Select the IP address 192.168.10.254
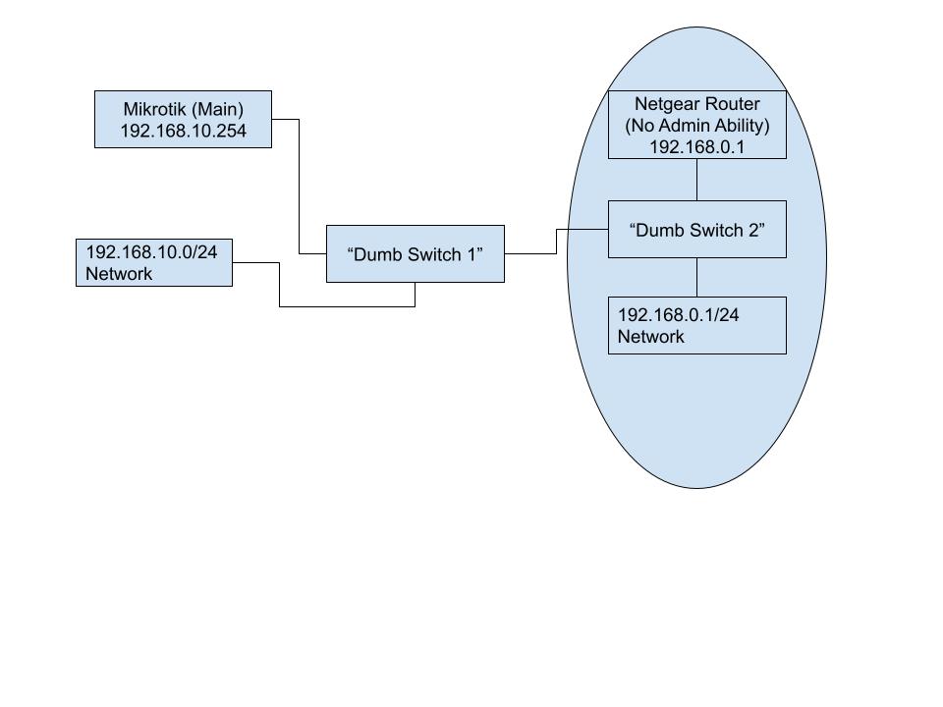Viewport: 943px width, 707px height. click(x=183, y=131)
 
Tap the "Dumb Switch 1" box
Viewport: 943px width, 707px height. click(x=415, y=253)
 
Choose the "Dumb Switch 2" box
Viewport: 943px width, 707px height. click(x=696, y=230)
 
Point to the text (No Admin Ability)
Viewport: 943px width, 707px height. click(x=696, y=125)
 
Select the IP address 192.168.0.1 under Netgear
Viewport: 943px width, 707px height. click(x=696, y=146)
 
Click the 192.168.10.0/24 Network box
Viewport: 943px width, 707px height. click(x=154, y=262)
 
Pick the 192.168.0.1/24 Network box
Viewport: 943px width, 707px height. click(x=696, y=325)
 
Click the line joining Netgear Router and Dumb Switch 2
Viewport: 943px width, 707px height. click(x=696, y=180)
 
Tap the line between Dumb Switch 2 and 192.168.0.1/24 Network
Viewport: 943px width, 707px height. click(x=696, y=277)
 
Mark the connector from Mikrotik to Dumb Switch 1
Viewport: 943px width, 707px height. click(x=299, y=187)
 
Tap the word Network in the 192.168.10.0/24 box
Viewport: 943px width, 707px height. click(x=119, y=274)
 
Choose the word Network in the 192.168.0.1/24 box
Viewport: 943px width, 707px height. click(x=650, y=337)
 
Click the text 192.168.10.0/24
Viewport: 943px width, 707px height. click(x=151, y=252)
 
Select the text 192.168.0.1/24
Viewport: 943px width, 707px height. click(x=678, y=315)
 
